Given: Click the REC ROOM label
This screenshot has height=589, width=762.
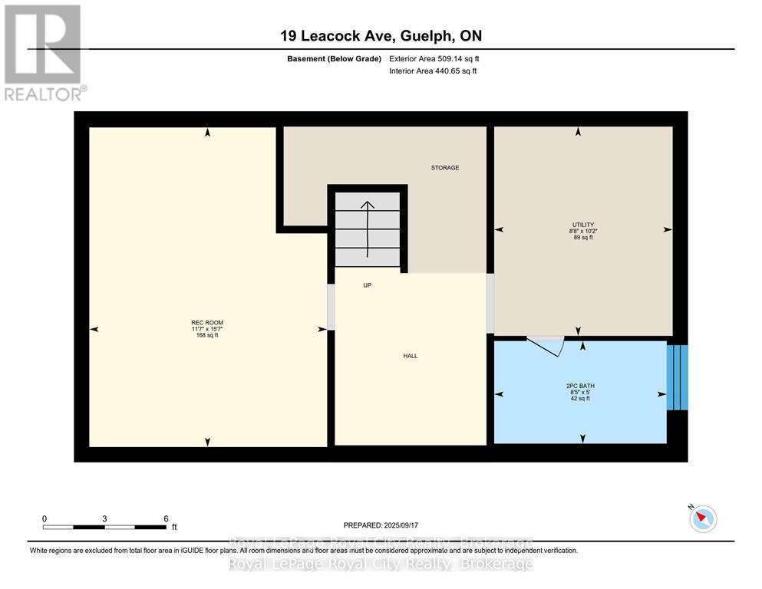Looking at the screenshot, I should (207, 322).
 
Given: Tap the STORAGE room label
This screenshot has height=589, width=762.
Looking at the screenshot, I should (444, 167).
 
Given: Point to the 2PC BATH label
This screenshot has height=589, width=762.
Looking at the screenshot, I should (581, 386).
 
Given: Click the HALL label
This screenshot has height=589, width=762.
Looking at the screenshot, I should (411, 355).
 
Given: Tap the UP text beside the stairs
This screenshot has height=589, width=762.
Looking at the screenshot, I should (367, 285).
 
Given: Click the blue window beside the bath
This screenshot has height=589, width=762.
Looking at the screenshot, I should (677, 377).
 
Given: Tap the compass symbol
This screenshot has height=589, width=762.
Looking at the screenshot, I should (702, 518).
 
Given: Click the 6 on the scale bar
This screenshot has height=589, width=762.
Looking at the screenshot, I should (165, 518).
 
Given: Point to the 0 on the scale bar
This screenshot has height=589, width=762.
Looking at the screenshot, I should (45, 518).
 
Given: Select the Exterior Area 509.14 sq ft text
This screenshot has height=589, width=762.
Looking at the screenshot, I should (434, 58).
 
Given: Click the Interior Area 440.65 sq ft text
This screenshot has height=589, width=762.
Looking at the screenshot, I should (434, 71).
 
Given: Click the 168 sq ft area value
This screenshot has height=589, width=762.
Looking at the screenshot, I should (207, 335).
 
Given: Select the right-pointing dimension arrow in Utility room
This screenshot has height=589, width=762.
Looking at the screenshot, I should (667, 229).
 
